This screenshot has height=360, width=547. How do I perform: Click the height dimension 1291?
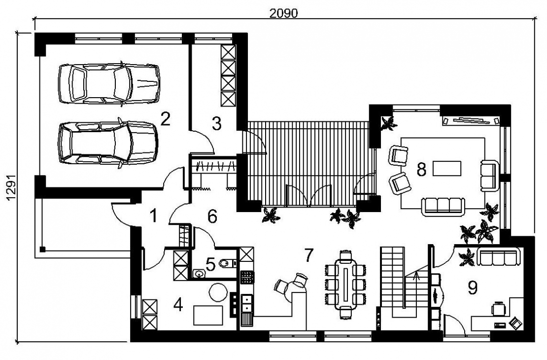point(11,188)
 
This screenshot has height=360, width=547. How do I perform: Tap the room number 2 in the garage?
point(165,119)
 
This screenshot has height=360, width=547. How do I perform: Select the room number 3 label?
point(217,124)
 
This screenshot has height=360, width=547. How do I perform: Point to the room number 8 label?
point(422,170)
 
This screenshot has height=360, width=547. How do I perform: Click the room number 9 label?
point(473,288)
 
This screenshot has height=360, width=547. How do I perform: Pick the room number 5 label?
point(210,264)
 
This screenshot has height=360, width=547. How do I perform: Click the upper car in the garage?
point(109,83)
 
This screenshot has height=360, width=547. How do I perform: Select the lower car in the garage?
point(108,143)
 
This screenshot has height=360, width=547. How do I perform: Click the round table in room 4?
point(218,292)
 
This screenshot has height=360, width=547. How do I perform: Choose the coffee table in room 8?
point(447,168)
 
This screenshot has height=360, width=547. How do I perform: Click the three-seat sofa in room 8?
point(443,206)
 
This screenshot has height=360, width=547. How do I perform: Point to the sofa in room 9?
point(498,257)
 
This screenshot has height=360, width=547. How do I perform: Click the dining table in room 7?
point(346,284)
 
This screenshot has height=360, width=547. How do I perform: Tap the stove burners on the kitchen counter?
point(246,277)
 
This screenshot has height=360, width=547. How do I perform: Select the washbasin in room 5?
point(199,273)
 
